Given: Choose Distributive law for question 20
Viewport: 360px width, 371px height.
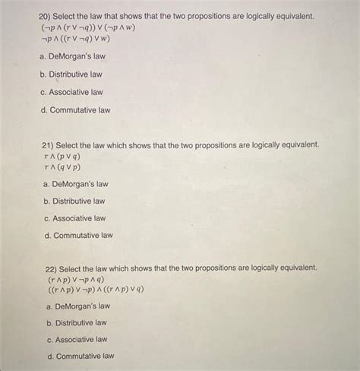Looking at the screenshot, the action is pyautogui.click(x=71, y=75).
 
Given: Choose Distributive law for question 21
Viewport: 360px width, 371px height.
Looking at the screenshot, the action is pyautogui.click(x=74, y=201).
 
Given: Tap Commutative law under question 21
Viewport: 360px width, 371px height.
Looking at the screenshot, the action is pyautogui.click(x=78, y=236).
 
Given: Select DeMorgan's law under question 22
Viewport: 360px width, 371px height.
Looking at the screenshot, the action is pyautogui.click(x=77, y=306).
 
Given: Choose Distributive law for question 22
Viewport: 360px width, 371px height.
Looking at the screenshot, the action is pyautogui.click(x=76, y=322).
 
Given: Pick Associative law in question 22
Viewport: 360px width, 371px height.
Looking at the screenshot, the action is pyautogui.click(x=76, y=339).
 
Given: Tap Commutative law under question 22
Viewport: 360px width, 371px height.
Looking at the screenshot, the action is pyautogui.click(x=80, y=356).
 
